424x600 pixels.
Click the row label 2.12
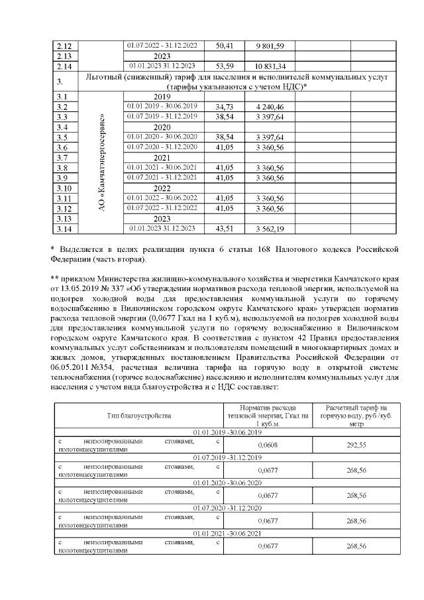click(64, 46)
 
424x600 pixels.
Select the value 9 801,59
click(270, 46)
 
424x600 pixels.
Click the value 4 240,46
click(270, 107)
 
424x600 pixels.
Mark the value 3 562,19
click(270, 229)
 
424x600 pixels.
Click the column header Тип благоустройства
click(139, 415)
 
